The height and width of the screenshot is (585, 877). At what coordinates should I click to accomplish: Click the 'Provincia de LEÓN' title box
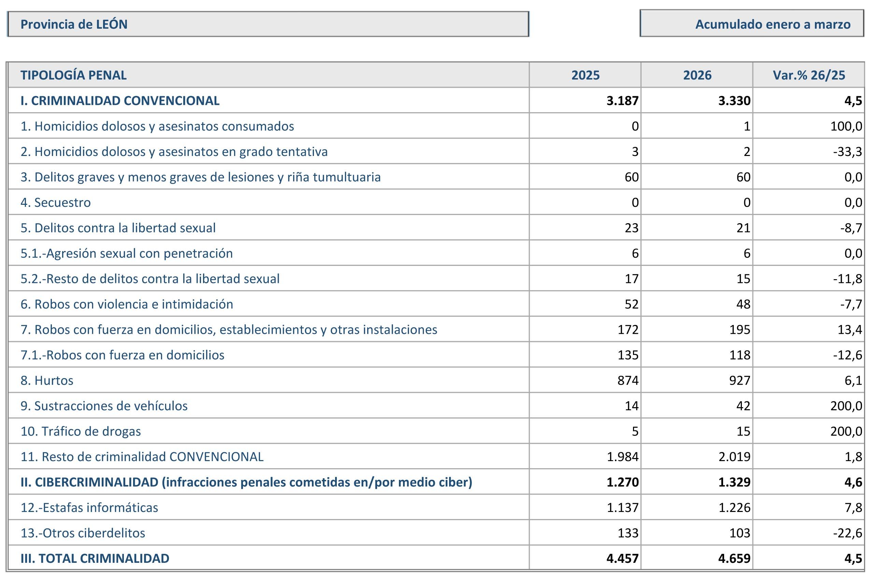tap(268, 24)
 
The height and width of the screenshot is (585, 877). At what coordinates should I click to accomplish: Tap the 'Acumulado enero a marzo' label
tap(773, 24)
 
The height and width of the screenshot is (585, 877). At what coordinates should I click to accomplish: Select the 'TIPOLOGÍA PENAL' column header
tap(73, 75)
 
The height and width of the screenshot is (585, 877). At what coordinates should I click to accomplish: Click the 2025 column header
tap(585, 75)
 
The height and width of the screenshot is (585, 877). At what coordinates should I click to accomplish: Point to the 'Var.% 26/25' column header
tap(809, 75)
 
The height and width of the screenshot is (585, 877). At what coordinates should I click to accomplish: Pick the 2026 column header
tap(697, 75)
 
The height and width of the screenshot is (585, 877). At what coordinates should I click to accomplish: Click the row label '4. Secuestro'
tap(56, 202)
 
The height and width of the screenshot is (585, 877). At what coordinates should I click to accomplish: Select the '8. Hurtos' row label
tap(47, 380)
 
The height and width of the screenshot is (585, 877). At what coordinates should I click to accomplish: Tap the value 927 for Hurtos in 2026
tap(740, 380)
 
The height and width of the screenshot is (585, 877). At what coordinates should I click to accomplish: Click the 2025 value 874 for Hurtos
tap(628, 380)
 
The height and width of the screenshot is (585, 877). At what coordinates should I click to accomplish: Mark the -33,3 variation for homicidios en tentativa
tap(848, 152)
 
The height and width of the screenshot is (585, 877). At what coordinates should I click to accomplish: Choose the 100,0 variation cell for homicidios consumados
tap(846, 126)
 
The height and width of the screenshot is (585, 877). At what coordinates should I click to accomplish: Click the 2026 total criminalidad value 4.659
tap(734, 558)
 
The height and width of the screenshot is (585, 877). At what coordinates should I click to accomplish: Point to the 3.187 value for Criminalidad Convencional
tap(622, 101)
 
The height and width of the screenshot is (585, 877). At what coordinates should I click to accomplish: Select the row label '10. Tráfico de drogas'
tap(81, 431)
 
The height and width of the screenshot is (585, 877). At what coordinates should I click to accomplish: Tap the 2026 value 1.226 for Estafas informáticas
tap(734, 508)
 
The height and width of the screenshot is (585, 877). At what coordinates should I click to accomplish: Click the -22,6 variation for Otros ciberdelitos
tap(848, 533)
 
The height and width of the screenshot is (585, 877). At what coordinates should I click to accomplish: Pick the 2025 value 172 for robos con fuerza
tap(628, 329)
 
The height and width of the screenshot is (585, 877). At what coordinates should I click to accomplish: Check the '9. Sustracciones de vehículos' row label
tap(104, 405)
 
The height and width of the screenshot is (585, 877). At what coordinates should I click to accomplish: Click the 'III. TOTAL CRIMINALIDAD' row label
tap(95, 558)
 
